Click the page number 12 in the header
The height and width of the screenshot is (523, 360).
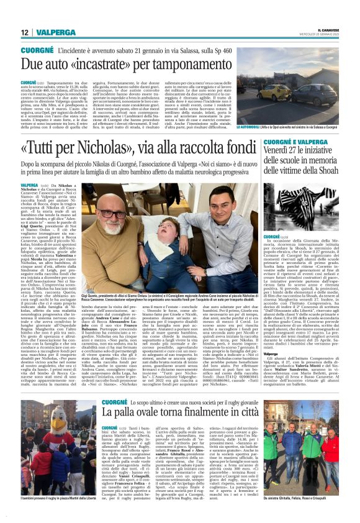click(x=25, y=32)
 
